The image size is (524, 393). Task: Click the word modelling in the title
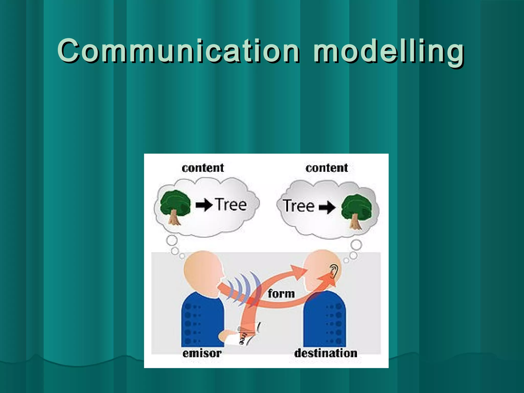pos(389,51)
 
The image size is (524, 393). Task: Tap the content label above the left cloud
pos(203,168)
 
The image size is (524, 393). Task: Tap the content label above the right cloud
pos(327,168)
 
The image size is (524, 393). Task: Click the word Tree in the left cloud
pos(231,205)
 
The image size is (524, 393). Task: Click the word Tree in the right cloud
pos(299,206)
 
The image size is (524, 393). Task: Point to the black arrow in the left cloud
pos(204,205)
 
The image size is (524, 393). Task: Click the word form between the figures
pos(281,294)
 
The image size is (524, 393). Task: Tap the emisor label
pos(202,353)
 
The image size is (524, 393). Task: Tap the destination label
pos(326,353)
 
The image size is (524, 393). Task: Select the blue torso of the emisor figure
pos(202,320)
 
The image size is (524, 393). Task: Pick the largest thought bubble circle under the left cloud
pos(172,241)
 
